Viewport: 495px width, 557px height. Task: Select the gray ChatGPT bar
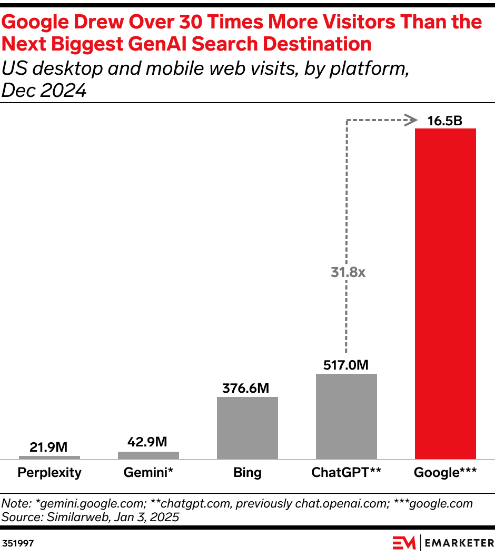click(x=346, y=416)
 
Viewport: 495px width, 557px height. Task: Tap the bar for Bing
click(x=247, y=427)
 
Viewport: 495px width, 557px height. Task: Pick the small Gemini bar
click(x=148, y=455)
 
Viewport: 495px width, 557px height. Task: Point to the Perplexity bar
click(x=49, y=457)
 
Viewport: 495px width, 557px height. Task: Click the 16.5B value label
click(x=445, y=121)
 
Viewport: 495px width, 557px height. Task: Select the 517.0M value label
click(x=346, y=364)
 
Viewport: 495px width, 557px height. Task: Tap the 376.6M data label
click(x=247, y=389)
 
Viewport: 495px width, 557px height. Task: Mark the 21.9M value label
click(x=49, y=447)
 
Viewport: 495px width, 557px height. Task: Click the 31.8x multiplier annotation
click(x=348, y=272)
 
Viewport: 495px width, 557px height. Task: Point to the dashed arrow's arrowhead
click(x=410, y=121)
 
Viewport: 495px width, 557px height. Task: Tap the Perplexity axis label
click(x=49, y=472)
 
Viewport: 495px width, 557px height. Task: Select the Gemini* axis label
click(x=148, y=472)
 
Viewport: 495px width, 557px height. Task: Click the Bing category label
click(x=247, y=472)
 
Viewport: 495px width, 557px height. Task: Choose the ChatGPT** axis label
click(x=346, y=472)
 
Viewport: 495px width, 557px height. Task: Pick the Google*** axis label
click(x=445, y=472)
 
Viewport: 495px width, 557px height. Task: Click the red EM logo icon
click(x=403, y=542)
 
